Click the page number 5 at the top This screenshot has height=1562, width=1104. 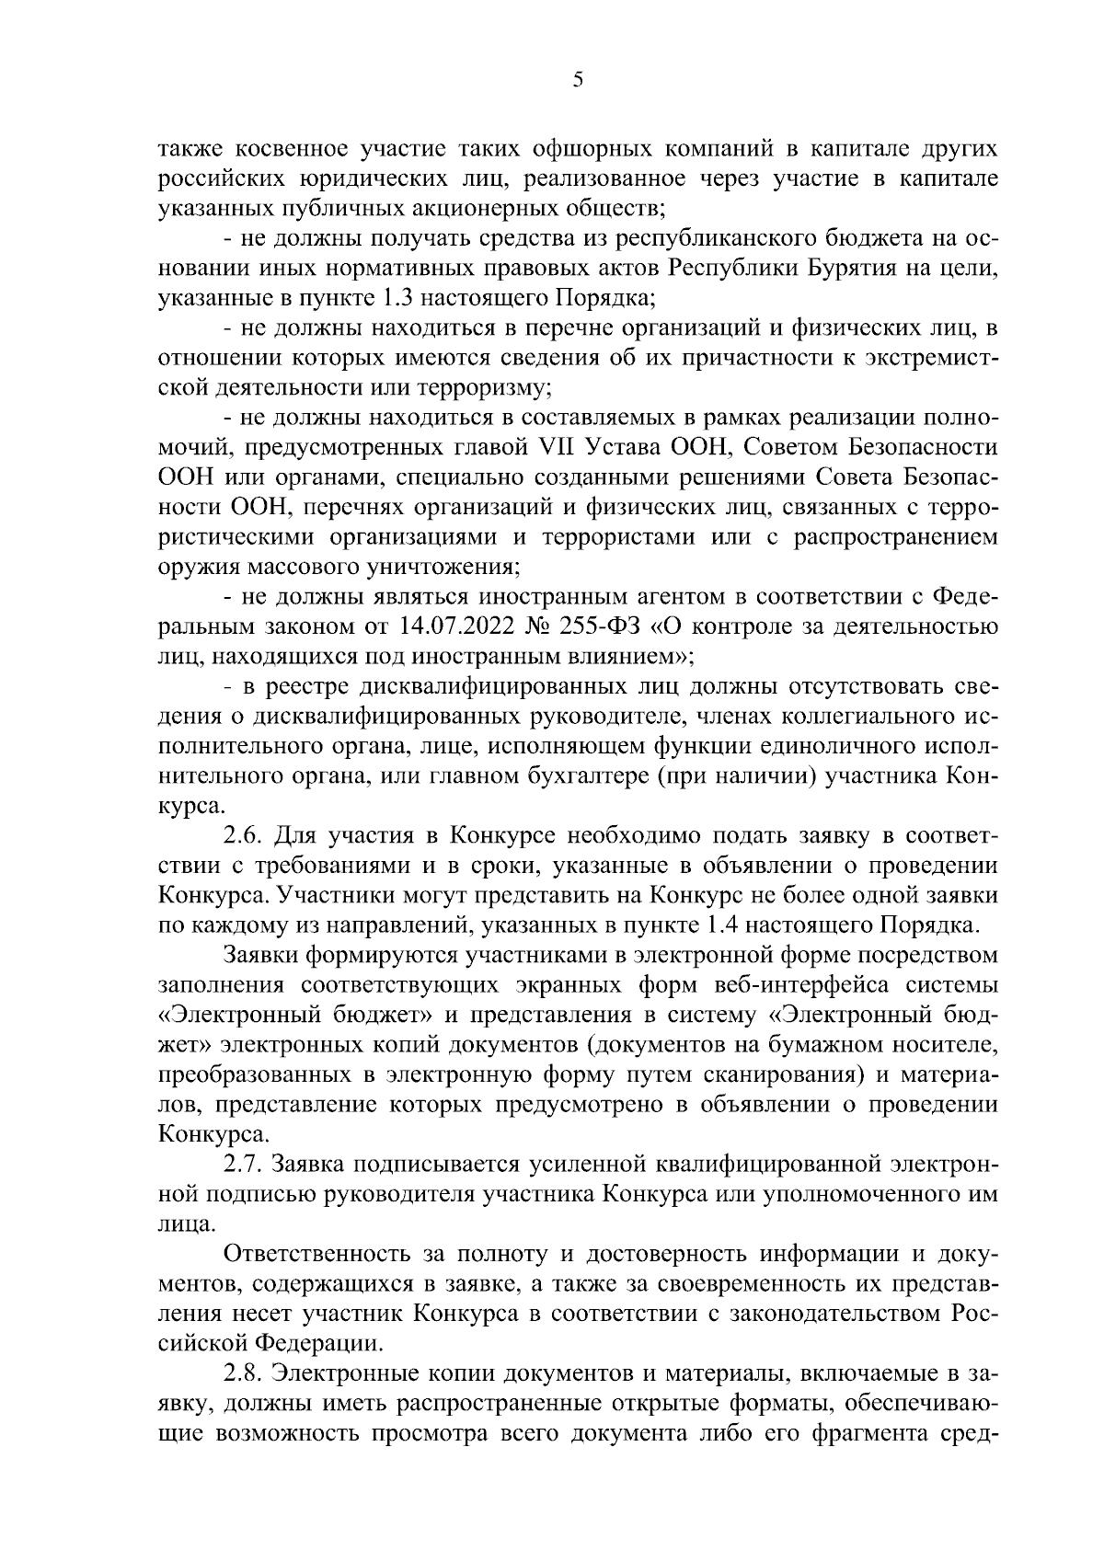[578, 80]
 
